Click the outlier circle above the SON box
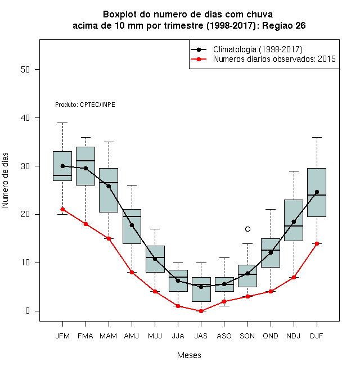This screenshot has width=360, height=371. (247, 229)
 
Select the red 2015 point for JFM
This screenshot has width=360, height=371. (63, 210)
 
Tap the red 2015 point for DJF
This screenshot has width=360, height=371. (317, 243)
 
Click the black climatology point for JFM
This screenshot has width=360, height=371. (63, 166)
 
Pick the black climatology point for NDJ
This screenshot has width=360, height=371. (294, 221)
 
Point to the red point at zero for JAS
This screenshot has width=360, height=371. (201, 311)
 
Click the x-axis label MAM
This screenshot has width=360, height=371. (109, 336)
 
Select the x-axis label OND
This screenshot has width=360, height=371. (271, 336)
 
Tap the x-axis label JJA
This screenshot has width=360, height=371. (178, 336)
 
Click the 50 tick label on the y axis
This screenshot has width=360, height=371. (25, 70)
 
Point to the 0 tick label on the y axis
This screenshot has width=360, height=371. (28, 311)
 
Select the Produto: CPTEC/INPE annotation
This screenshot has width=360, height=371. (85, 105)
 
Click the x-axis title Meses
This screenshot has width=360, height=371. (189, 355)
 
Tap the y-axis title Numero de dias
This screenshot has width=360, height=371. (5, 180)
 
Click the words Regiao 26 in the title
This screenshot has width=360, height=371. (283, 25)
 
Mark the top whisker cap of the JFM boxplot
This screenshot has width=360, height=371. (63, 123)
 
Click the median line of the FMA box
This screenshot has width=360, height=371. (85, 161)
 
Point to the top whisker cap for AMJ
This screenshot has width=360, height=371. (132, 185)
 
